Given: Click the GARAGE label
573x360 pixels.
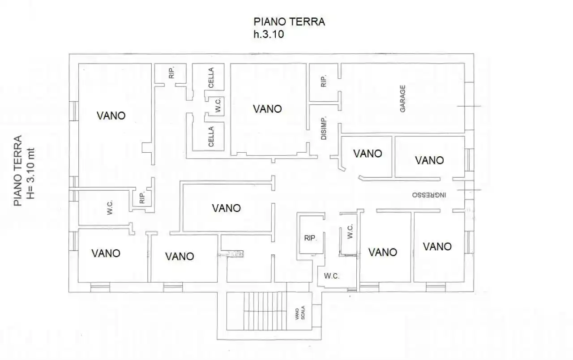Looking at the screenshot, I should (403, 99).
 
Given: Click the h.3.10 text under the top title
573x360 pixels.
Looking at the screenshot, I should (269, 34).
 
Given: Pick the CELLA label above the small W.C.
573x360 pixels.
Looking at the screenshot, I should (211, 77).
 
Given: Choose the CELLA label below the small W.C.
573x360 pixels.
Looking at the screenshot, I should (211, 137).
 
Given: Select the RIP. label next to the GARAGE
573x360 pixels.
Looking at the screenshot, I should (323, 81).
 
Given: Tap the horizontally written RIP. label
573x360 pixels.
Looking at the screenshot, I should (310, 239).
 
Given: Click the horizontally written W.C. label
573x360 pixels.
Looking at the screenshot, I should (331, 276).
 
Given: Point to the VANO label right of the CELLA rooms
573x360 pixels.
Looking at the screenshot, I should (267, 109).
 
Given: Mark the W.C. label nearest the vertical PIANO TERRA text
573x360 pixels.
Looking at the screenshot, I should (110, 207).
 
